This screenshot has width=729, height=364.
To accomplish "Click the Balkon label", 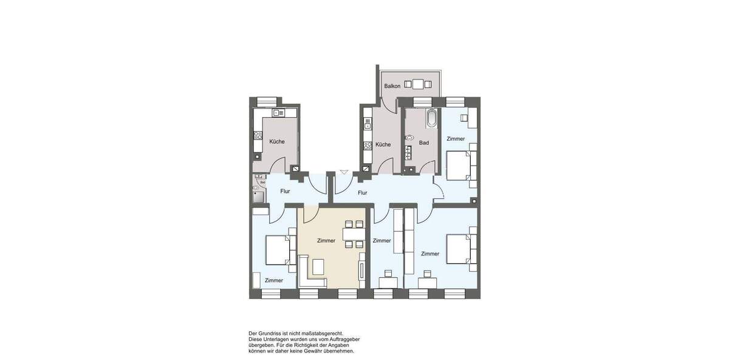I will click(x=392, y=86).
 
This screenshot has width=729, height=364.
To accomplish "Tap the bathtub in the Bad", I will click(x=431, y=118).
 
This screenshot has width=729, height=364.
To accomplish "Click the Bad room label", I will click(x=424, y=143).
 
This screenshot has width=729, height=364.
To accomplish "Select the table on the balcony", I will click(x=418, y=84).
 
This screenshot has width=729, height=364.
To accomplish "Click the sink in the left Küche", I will click(x=278, y=113).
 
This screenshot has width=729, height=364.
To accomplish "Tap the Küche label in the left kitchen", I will click(x=277, y=141).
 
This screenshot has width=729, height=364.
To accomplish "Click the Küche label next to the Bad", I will click(x=383, y=144).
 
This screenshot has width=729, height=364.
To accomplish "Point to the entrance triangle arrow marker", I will click(x=344, y=172).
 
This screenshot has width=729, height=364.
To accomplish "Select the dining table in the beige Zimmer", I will click(x=353, y=234).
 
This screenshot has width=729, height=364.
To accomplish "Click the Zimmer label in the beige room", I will click(x=326, y=241).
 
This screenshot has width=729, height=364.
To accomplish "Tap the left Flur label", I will click(x=285, y=191).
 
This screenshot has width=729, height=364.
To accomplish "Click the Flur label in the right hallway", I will click(x=363, y=193).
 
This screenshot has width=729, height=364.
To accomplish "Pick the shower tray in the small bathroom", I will click(x=257, y=195).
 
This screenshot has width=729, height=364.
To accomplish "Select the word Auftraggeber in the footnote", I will click(x=342, y=339).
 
